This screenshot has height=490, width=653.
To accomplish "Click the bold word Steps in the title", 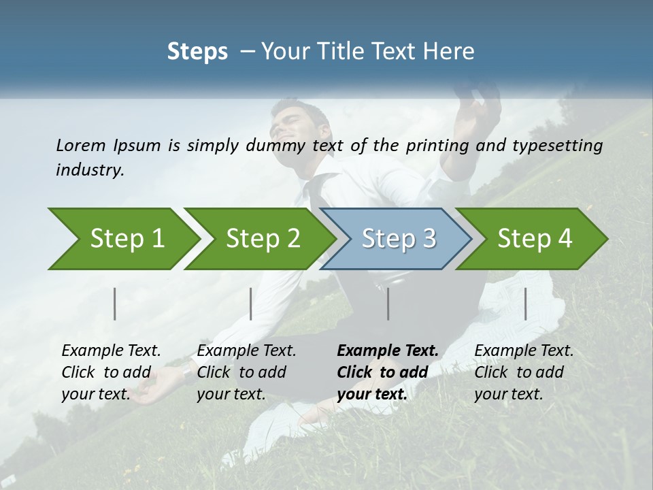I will click(197, 52).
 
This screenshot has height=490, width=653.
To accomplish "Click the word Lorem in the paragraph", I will click(81, 145).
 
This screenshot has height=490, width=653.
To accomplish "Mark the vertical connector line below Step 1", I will click(115, 304).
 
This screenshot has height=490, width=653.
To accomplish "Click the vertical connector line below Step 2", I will click(251, 304).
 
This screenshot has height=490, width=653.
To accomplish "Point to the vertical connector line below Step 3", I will click(388, 304).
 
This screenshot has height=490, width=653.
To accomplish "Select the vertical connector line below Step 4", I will click(525, 304).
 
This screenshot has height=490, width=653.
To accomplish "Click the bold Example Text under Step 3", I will click(388, 351).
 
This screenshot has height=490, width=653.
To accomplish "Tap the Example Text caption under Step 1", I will click(111, 351).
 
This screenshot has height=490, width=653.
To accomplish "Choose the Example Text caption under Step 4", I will click(524, 351).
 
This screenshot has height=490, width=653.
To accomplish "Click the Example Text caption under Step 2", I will click(246, 351).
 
